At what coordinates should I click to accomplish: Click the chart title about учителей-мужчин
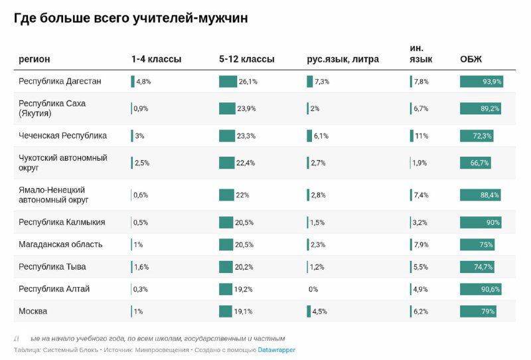[131, 19]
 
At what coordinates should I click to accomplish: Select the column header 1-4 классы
[156, 59]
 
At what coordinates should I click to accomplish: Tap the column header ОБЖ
[471, 59]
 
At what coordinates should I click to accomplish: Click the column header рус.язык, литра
[342, 59]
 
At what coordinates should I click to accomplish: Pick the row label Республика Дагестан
[60, 81]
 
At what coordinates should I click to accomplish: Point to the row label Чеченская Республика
[62, 135]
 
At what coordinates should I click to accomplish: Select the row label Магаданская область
[60, 244]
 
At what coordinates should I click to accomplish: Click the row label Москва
[33, 311]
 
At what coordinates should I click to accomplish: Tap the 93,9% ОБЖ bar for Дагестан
[481, 82]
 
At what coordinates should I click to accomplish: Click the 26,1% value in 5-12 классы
[248, 82]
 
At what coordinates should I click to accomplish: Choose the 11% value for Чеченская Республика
[421, 135]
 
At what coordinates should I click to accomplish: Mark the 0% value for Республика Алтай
[313, 290]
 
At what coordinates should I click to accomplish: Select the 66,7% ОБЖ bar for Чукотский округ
[475, 163]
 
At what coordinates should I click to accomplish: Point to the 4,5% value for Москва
[320, 312]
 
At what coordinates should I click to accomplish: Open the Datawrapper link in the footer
[277, 350]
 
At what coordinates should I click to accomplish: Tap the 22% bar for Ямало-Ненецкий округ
[226, 195]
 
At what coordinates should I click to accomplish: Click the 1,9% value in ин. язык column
[419, 163]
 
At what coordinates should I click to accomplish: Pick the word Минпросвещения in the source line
[162, 350]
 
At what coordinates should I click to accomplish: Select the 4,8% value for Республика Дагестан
[143, 82]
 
